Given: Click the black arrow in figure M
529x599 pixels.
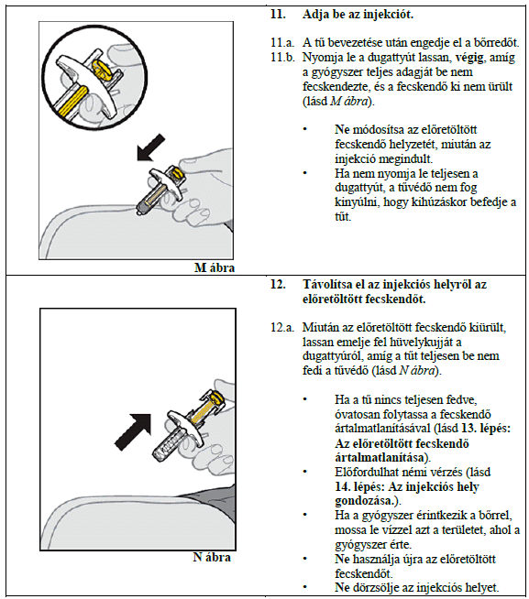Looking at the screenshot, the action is pos(150,147).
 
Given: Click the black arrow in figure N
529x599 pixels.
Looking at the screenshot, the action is pos(133,431).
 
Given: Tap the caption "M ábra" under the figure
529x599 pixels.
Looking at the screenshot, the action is pos(215,267).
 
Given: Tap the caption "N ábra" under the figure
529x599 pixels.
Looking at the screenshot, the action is pos(212,557).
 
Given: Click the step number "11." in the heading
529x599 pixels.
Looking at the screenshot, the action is pos(278,15).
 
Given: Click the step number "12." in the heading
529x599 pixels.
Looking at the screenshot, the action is pos(278,285).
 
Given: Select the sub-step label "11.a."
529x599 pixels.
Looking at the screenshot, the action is pos(282,42).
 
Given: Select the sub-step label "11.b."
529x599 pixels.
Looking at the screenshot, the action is pos(282,58).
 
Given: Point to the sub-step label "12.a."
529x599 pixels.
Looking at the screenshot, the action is pos(282,327).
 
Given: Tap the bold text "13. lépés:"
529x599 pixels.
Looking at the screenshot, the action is pos(486,429).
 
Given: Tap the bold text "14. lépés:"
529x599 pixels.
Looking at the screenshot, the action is pos(359,486).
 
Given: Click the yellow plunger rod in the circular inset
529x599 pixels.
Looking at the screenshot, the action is pos(72,102).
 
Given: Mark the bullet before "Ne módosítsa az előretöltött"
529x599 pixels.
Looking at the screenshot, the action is pos(305,129).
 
